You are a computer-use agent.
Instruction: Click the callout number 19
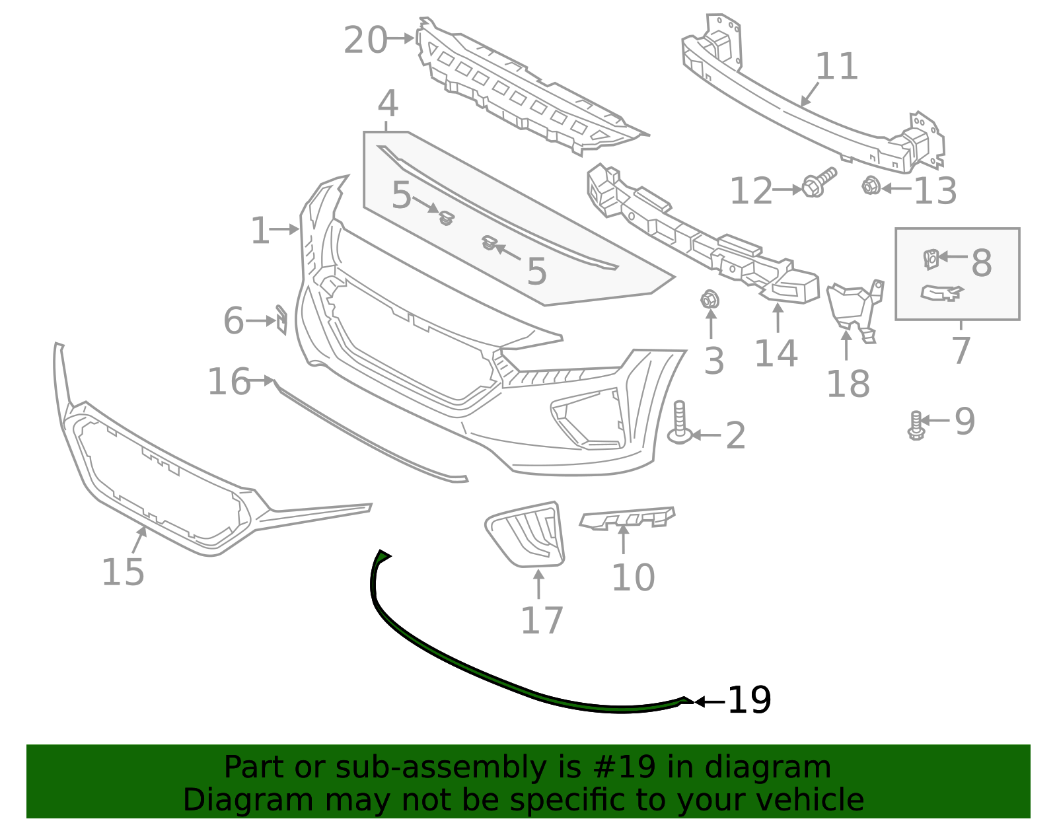tap(749, 700)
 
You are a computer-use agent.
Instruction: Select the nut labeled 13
tap(870, 186)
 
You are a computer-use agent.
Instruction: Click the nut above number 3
tap(710, 300)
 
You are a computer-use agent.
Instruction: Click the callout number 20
tap(365, 40)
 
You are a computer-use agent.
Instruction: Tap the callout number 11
tap(837, 67)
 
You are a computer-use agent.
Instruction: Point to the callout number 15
tap(123, 572)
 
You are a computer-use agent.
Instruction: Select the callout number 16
tap(229, 382)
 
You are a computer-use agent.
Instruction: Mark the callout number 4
tap(388, 104)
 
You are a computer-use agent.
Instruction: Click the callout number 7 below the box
tap(961, 350)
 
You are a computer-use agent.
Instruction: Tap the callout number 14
tap(776, 353)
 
